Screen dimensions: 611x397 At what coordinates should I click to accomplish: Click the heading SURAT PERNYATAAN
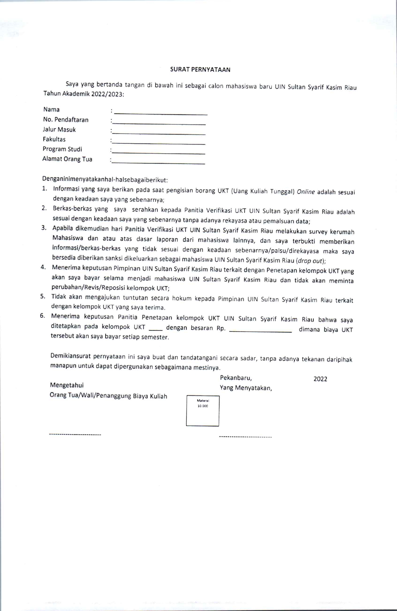pos(200,70)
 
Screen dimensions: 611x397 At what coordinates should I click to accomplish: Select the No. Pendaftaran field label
pos(66,120)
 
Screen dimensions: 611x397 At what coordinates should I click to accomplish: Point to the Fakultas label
pos(54,139)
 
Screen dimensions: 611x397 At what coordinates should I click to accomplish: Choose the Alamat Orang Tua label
pos(67,159)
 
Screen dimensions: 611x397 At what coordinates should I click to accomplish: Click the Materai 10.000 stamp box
pos(203,411)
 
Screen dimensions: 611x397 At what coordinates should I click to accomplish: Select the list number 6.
pos(42,316)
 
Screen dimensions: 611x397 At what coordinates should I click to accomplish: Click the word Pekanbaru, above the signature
pos(236,378)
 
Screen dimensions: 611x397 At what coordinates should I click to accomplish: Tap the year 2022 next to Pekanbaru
pos(320,379)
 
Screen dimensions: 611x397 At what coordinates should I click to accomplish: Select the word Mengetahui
pos(67,385)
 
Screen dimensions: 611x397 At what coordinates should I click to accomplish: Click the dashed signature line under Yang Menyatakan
pos(246,436)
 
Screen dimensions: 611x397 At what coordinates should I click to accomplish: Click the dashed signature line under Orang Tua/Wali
pos(75,434)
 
